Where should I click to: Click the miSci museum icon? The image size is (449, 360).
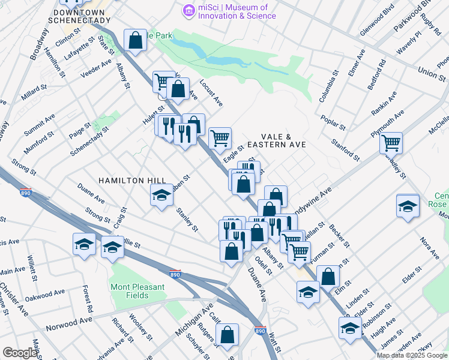click(190, 10)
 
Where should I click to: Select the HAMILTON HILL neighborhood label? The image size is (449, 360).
click(129, 181)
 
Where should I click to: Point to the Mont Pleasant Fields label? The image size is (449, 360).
click(137, 291)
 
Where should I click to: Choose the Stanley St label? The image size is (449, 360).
click(187, 220)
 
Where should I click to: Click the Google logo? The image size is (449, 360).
click(19, 353)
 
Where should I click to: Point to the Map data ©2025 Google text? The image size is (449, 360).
click(412, 355)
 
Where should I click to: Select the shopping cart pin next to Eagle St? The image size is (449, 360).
click(220, 138)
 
